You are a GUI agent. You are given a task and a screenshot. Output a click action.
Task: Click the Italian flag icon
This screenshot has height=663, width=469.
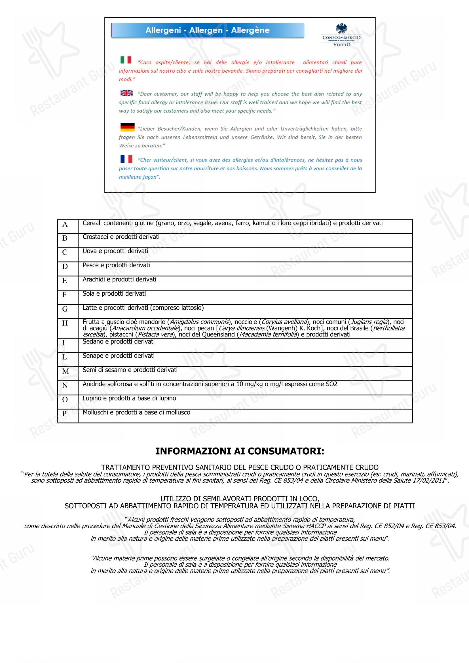(x=126, y=60)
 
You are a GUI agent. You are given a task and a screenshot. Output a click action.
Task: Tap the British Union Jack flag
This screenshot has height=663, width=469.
(x=126, y=93)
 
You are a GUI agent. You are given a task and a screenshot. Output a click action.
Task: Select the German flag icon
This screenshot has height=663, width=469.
(x=127, y=127)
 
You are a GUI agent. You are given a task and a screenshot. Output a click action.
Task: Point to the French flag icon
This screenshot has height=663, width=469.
(x=126, y=159)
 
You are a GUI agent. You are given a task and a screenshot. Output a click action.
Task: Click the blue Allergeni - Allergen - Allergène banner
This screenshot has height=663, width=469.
(x=207, y=30)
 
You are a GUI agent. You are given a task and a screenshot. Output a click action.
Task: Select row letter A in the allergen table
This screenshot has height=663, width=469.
(x=65, y=224)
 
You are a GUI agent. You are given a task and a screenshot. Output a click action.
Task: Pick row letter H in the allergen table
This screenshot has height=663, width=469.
(x=65, y=323)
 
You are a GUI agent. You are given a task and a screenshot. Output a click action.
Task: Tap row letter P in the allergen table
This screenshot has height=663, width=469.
(x=64, y=414)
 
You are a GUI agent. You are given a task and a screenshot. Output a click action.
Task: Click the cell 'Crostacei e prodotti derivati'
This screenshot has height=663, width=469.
(x=121, y=237)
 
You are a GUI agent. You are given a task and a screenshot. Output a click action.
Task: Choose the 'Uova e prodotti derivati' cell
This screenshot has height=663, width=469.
(x=115, y=251)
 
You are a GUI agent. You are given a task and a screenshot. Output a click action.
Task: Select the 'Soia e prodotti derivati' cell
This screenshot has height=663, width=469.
(x=114, y=294)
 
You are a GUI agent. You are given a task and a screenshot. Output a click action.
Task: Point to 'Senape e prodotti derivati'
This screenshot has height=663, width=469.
(x=119, y=356)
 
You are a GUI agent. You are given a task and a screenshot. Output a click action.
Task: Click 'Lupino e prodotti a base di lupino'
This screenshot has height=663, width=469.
(x=129, y=398)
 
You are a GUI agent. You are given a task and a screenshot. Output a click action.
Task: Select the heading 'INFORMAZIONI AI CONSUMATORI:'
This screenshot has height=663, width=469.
(x=240, y=451)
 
